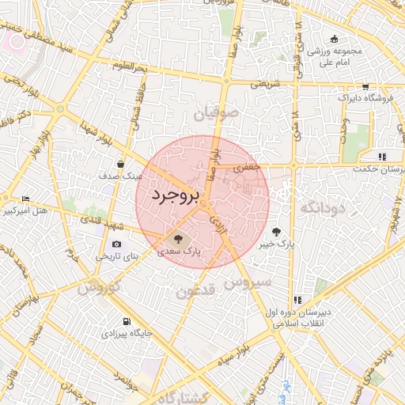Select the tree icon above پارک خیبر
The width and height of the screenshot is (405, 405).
point(276,232)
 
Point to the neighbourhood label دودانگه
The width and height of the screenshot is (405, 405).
point(321,208)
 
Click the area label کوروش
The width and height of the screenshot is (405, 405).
point(99,286)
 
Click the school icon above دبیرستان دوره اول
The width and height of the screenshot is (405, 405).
point(297,300)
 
